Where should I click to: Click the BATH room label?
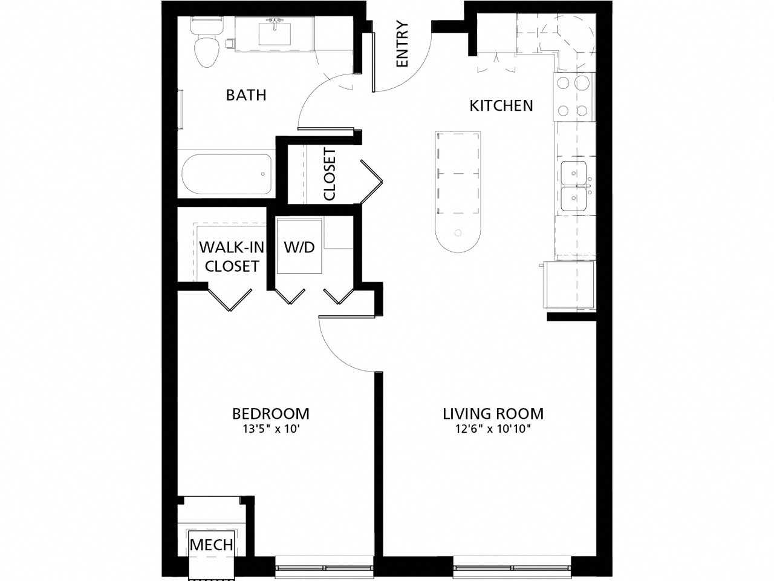[246, 95]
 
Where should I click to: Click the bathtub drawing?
[227, 174]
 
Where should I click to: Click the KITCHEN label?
[501, 106]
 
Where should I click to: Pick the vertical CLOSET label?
[330, 174]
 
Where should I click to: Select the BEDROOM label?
[271, 414]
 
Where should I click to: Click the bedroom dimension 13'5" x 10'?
[271, 430]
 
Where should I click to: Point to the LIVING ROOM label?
[493, 414]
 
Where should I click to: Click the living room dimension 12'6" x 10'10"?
[493, 430]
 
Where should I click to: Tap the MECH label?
[212, 544]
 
